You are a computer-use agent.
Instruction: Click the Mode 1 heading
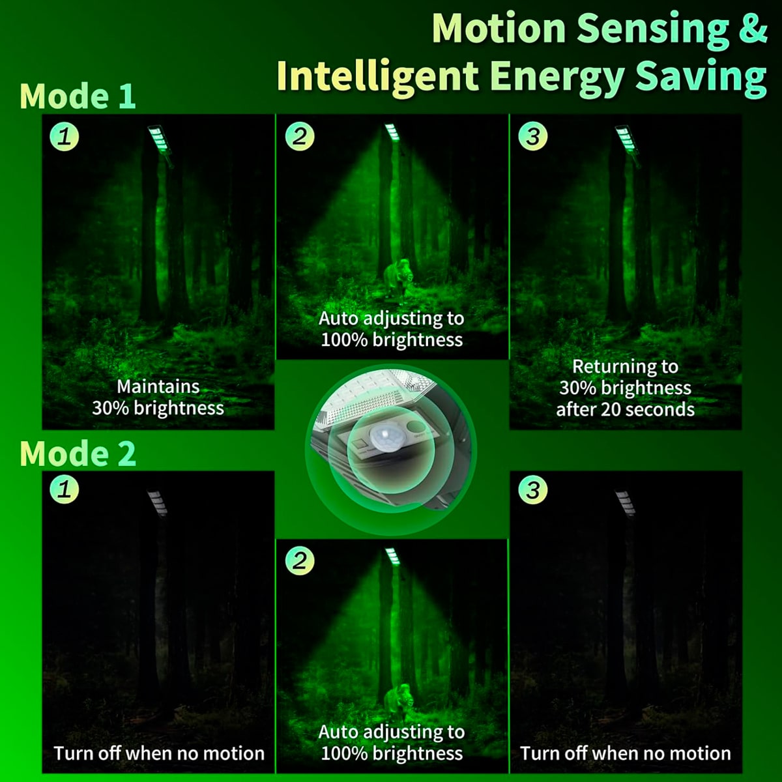[78, 96]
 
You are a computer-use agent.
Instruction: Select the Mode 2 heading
[78, 454]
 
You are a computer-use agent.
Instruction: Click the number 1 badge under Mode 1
[65, 136]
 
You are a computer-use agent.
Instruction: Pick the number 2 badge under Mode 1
[300, 136]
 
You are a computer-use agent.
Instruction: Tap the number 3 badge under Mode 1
[533, 136]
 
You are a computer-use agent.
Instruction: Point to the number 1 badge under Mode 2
[65, 489]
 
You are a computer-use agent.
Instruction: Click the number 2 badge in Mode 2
[300, 561]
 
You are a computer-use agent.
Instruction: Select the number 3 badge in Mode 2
[533, 489]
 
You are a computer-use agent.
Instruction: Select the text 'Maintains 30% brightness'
[158, 398]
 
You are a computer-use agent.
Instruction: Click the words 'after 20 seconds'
[625, 409]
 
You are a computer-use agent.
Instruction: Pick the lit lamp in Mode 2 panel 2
[392, 556]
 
